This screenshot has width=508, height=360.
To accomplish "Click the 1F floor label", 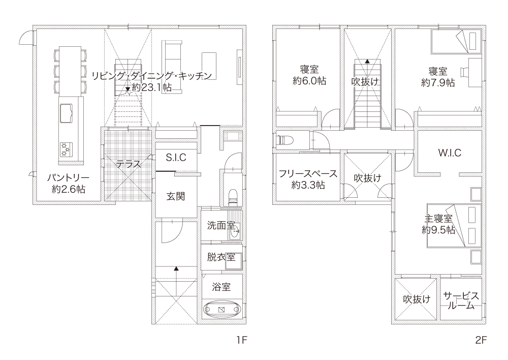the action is click(241, 340).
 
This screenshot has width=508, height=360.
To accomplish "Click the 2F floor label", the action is click(481, 340).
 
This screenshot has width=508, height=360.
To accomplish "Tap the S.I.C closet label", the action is click(176, 157).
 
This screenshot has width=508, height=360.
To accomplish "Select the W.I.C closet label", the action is click(450, 153).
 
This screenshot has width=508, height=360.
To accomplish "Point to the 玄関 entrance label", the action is click(176, 196).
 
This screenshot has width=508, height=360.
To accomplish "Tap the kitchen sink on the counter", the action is click(66, 113).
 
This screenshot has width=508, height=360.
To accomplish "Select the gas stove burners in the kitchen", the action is click(66, 149).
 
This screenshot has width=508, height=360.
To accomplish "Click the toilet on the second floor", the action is click(285, 141).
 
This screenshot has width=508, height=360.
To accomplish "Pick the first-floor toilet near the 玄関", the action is click(233, 196).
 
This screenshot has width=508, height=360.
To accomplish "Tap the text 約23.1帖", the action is click(152, 87).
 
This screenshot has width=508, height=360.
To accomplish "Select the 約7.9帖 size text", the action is click(438, 82).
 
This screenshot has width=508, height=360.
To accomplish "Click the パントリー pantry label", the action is click(69, 178).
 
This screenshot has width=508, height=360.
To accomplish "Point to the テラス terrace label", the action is click(129, 164).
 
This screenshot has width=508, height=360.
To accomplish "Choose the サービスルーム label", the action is click(461, 301).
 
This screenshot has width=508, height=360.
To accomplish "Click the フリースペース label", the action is click(308, 174).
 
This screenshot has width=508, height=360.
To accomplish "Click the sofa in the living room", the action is click(172, 67).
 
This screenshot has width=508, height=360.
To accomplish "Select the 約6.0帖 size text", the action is click(309, 81).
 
